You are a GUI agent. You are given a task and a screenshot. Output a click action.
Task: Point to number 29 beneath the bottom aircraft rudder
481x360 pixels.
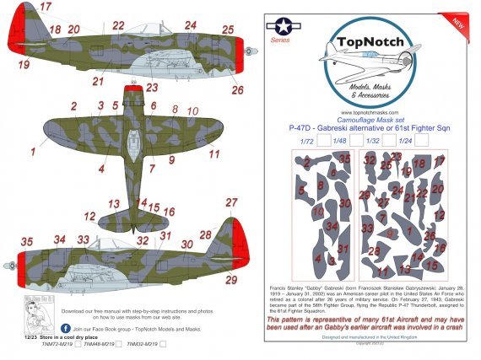pos(232,280)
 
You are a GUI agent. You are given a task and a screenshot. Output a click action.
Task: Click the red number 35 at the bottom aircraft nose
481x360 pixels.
pos(27,241)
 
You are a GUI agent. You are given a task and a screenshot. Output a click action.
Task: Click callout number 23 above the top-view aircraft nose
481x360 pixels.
pos(151,87)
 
